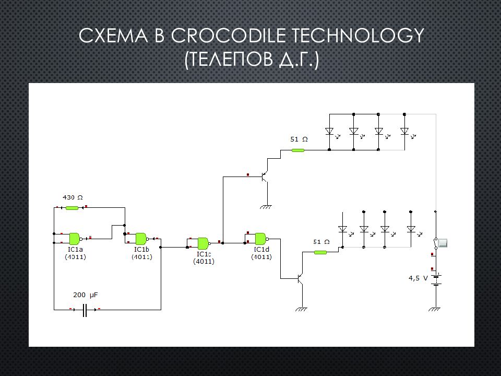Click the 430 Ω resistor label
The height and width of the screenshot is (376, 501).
pyautogui.click(x=73, y=198)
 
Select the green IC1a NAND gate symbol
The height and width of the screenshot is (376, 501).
pyautogui.click(x=75, y=239)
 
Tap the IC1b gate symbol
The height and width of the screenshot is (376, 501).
pyautogui.click(x=141, y=239)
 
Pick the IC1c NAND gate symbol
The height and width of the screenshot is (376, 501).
pyautogui.click(x=203, y=242)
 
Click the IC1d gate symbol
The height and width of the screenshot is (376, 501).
pyautogui.click(x=260, y=239)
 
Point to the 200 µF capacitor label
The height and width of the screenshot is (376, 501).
pyautogui.click(x=85, y=295)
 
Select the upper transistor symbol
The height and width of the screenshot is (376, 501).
pyautogui.click(x=265, y=177)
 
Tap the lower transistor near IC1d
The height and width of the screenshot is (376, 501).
pyautogui.click(x=300, y=279)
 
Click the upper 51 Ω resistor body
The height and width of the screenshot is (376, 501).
pyautogui.click(x=297, y=150)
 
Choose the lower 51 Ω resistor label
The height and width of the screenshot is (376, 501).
pyautogui.click(x=321, y=242)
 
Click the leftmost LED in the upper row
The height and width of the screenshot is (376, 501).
pyautogui.click(x=329, y=131)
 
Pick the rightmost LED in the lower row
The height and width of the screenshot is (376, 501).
pyautogui.click(x=411, y=229)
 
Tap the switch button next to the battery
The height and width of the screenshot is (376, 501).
pyautogui.click(x=443, y=243)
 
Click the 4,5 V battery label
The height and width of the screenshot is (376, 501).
pyautogui.click(x=417, y=278)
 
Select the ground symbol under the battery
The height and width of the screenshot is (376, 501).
pyautogui.click(x=435, y=309)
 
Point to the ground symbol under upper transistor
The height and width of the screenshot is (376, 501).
pyautogui.click(x=267, y=207)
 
